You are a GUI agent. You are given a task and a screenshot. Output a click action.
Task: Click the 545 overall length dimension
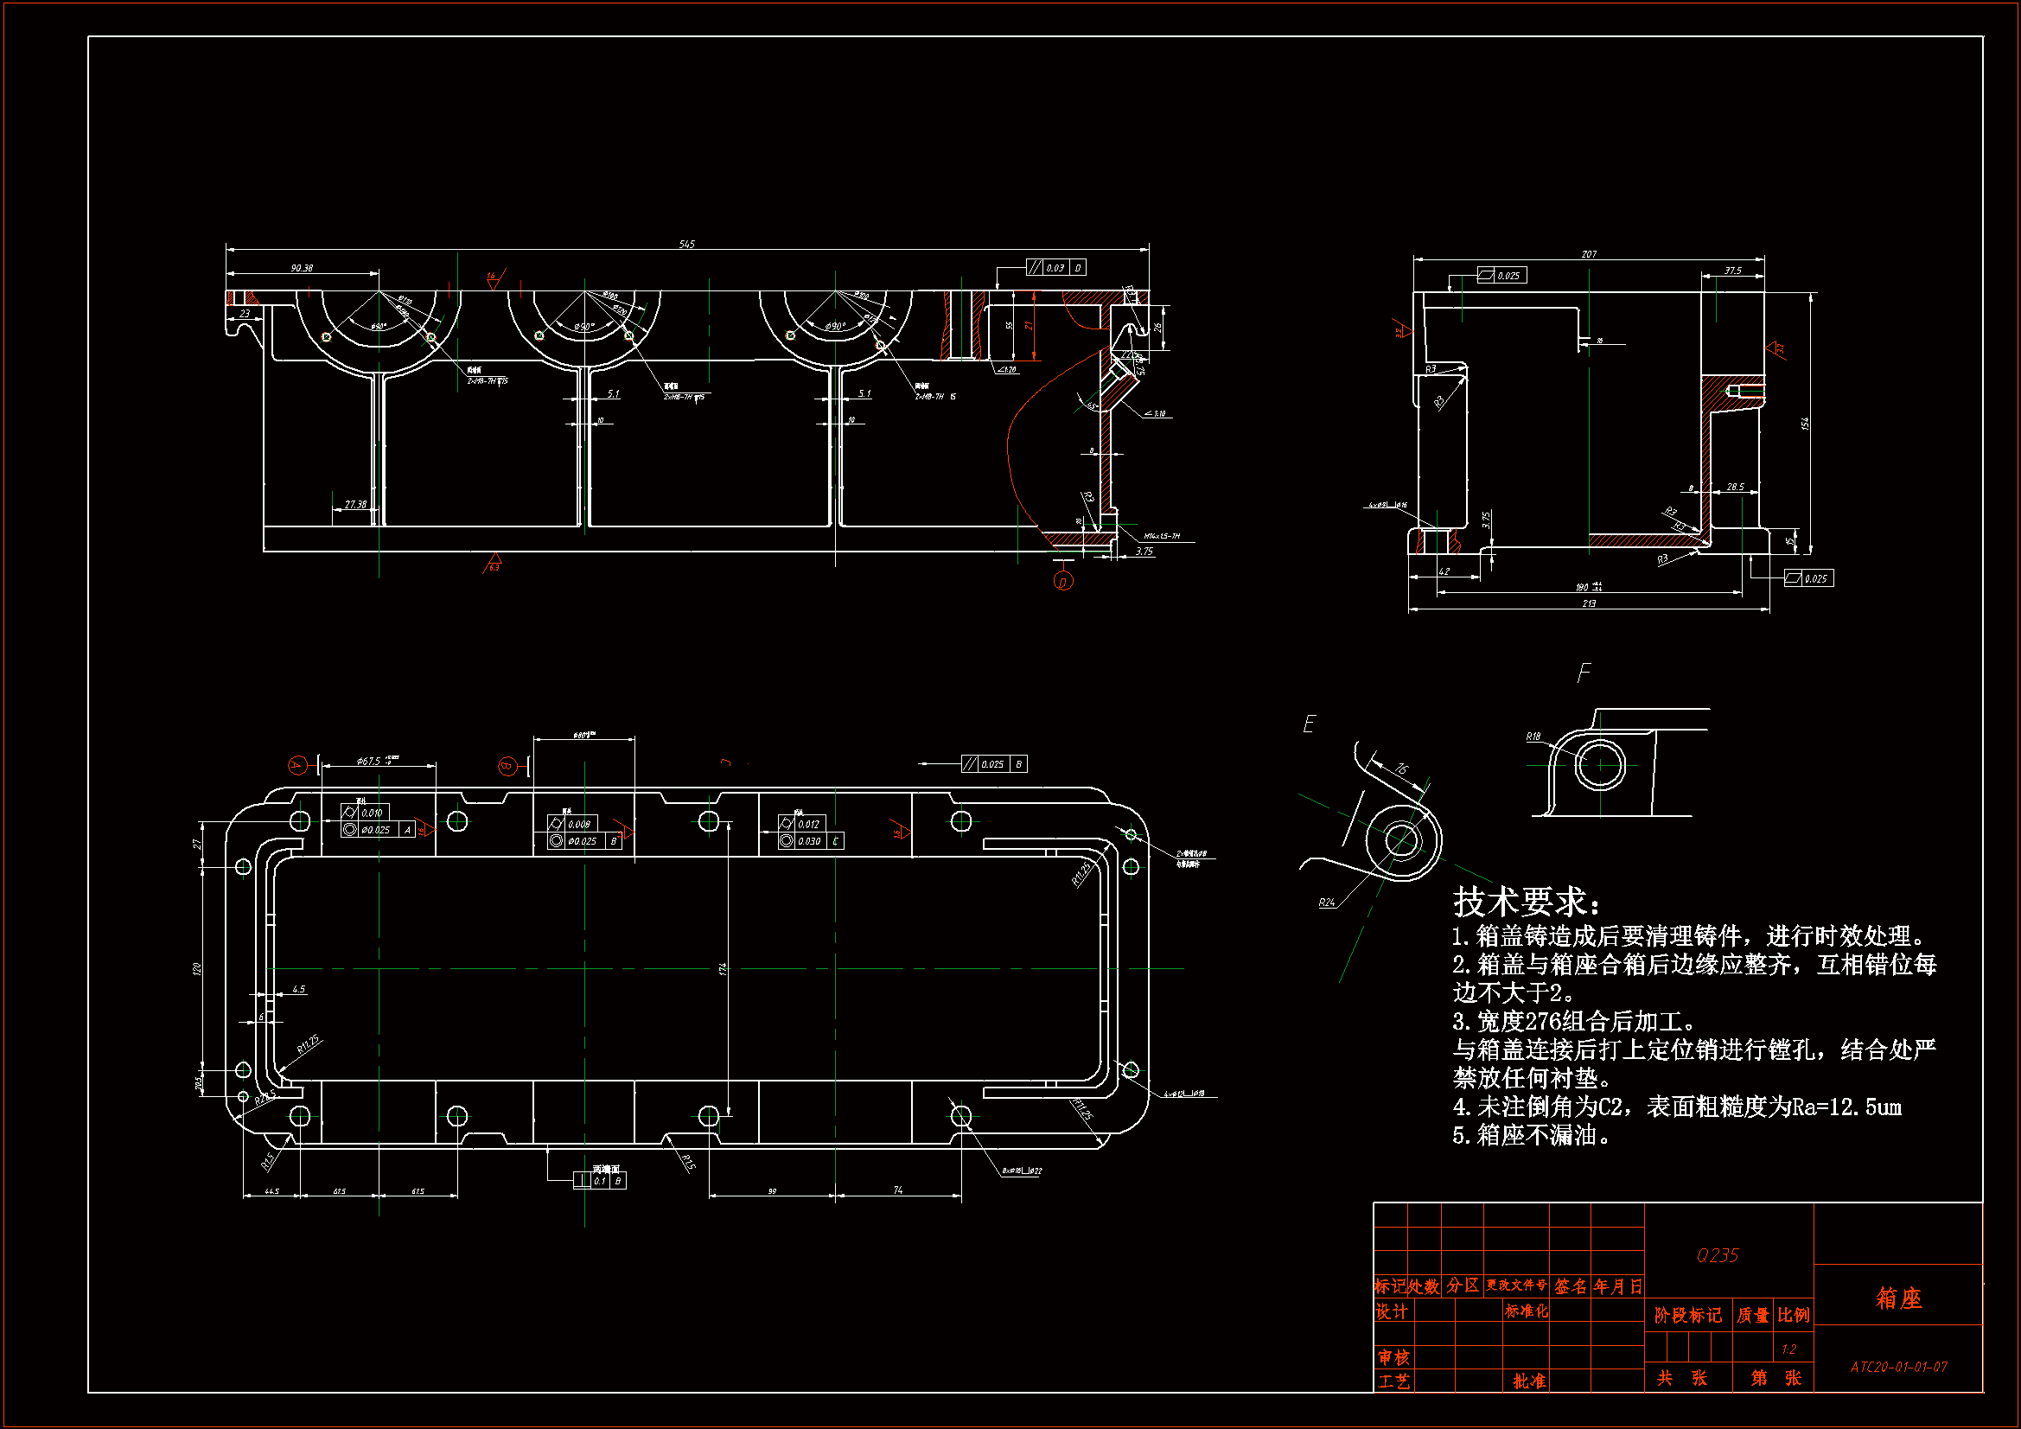point(686,244)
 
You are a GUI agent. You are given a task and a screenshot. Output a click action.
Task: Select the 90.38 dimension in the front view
point(302,268)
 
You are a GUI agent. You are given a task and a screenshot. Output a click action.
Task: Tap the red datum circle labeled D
point(1063,582)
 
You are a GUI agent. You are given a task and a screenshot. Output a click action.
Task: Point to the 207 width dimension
point(1588,254)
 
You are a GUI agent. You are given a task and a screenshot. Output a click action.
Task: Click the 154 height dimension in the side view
point(1805,424)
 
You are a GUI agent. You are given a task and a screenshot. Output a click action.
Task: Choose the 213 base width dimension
point(1589,603)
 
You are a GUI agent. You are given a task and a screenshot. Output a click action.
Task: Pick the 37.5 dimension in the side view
point(1732,271)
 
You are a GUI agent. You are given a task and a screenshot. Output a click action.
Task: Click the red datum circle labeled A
point(297,765)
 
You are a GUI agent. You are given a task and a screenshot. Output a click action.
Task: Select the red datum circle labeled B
point(507,766)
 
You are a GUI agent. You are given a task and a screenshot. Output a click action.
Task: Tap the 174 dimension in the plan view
point(723,968)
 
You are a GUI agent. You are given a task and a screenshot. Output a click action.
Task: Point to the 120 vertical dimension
point(197,968)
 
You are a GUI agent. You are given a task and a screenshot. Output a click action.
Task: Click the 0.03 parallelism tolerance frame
point(1055,268)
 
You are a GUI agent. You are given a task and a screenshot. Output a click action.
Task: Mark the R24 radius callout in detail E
point(1327,903)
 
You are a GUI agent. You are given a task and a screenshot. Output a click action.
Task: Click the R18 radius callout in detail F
point(1533,736)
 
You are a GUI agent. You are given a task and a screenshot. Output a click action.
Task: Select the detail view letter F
point(1584,673)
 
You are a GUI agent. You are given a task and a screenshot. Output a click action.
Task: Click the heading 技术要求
point(1526,902)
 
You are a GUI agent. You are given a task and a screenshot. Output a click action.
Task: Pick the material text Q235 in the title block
point(1718,1255)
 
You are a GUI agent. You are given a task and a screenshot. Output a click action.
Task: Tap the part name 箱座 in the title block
point(1898,1298)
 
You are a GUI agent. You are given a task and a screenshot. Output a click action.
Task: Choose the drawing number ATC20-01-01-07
point(1898,1367)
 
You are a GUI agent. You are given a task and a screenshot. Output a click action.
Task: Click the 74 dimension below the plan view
point(898,1190)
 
